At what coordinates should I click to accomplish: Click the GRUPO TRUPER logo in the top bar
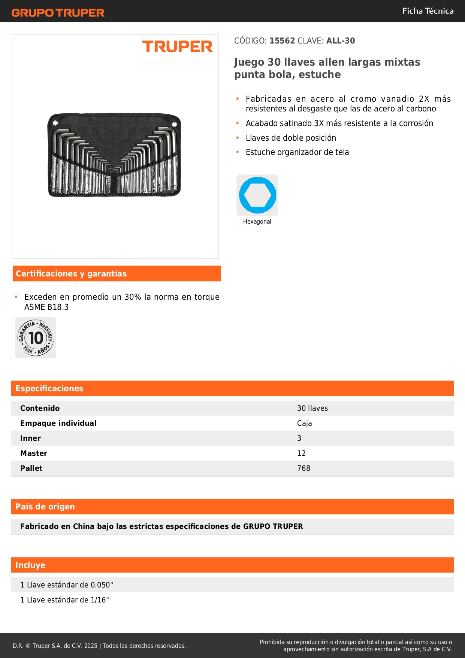[x=58, y=13]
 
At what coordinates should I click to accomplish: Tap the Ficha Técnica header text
[x=428, y=11]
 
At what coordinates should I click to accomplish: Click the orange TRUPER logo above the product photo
[x=177, y=47]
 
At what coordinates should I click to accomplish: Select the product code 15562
[x=282, y=41]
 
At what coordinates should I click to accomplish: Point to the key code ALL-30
[x=341, y=41]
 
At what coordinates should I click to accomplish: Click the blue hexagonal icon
[x=257, y=195]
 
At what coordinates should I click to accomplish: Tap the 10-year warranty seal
[x=36, y=338]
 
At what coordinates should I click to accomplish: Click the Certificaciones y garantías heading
[x=71, y=273]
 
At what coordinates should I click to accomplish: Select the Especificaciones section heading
[x=49, y=388]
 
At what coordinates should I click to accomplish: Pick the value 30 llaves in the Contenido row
[x=312, y=408]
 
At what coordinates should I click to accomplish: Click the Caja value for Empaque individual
[x=304, y=423]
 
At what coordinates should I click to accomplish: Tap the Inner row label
[x=31, y=438]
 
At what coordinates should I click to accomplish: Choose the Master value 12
[x=301, y=453]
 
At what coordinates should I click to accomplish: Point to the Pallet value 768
[x=304, y=468]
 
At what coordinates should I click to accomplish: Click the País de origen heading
[x=45, y=506]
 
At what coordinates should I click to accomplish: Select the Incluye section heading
[x=30, y=565]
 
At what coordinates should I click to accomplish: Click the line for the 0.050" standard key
[x=67, y=585]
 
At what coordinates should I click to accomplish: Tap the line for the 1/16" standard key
[x=64, y=600]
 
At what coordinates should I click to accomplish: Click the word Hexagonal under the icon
[x=257, y=222]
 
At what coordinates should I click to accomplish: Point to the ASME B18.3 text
[x=46, y=307]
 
